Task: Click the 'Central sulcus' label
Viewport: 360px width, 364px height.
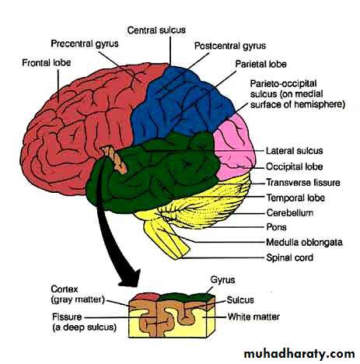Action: (x=156, y=30)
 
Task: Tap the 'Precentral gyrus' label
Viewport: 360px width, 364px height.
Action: (x=85, y=44)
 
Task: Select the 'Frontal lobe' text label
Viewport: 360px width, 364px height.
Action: (x=47, y=63)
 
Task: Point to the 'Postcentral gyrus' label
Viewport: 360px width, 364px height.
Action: (x=230, y=46)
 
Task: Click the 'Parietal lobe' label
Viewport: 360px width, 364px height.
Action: (x=260, y=64)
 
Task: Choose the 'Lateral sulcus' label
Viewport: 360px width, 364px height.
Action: (x=295, y=151)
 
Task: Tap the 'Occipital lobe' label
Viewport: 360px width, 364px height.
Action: (x=295, y=166)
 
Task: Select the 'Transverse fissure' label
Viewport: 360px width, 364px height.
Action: (x=303, y=183)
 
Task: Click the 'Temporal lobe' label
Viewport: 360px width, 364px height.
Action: (x=295, y=198)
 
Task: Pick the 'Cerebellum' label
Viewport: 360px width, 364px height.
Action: (x=290, y=213)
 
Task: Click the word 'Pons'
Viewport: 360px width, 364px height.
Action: (x=276, y=227)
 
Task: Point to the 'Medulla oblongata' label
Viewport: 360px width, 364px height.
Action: (x=304, y=243)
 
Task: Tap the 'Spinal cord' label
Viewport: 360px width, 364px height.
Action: (x=290, y=257)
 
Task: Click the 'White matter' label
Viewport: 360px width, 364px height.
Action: (x=253, y=317)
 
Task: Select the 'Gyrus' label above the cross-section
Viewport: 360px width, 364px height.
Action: (x=222, y=280)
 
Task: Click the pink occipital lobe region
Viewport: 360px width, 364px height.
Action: (x=235, y=149)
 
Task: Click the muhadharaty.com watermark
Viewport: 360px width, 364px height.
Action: (x=299, y=354)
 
